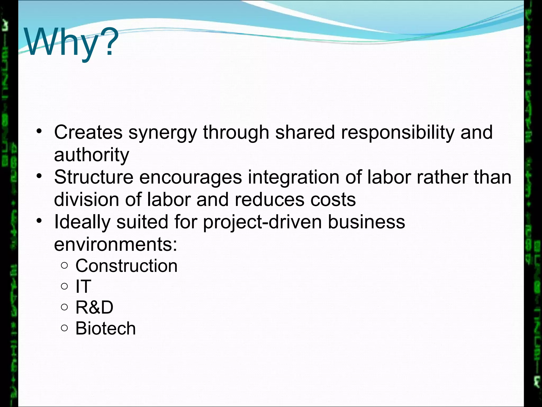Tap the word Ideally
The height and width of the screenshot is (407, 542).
point(82,222)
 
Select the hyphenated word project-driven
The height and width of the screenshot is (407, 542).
point(262,222)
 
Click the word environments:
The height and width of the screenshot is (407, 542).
point(115,244)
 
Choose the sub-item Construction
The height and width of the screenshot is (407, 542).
point(127,266)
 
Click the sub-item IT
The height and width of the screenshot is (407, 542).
point(83,286)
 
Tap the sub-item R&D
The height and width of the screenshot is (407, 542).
point(94,307)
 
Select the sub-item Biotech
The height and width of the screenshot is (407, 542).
point(106,329)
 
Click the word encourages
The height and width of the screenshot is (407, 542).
point(191,178)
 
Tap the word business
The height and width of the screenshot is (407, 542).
point(367,222)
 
